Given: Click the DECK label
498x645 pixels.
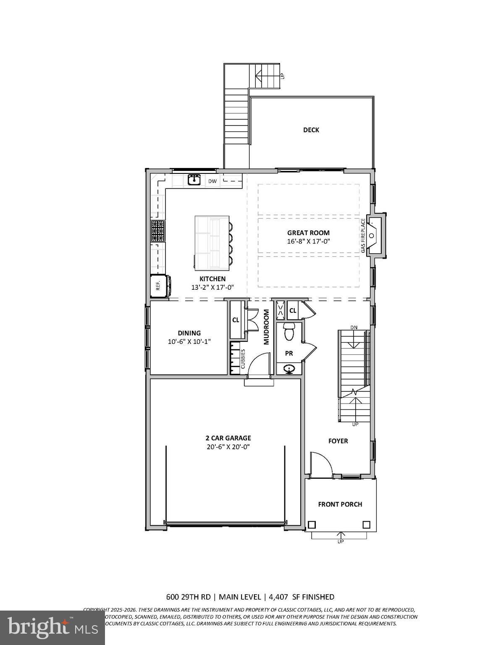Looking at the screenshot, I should coord(311,130).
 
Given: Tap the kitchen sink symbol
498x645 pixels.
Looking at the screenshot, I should coord(194,180).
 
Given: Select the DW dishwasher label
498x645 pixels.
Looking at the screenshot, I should coord(212,181).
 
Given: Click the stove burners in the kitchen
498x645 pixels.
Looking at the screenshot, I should coord(158,231).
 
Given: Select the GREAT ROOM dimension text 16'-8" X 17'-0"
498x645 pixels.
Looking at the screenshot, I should coord(309,241).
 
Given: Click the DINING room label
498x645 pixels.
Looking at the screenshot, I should coord(189,333).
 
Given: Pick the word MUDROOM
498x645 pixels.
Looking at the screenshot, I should coord(266,327).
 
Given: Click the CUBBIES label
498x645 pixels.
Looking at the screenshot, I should coord(243,359).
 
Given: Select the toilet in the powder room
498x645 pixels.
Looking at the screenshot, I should coord(288,332).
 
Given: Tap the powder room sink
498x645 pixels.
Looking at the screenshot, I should coord(289,369).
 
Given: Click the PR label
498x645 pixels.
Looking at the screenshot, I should coord(289,354).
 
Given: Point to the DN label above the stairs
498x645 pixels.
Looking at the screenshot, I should coord(354,328).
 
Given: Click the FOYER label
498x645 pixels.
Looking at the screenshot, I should coord(338,441).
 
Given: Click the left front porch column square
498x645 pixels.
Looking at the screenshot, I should coord(312,524).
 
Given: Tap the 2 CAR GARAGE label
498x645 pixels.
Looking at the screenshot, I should coord(225,438).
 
